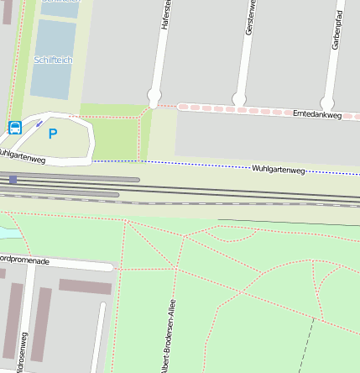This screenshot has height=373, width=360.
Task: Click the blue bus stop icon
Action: coord(15,128)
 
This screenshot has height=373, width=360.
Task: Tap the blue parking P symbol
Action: coord(53,134)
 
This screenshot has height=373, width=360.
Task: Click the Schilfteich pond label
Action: coord(53,60)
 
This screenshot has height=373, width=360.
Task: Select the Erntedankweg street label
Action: coord(316,113)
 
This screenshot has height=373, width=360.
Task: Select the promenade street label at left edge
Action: coord(25,261)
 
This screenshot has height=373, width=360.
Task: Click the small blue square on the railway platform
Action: coord(13,179)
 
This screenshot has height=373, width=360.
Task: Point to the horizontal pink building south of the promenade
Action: coord(85,287)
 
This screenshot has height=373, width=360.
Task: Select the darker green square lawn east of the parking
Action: coord(114,139)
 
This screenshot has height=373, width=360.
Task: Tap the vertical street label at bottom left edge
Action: coord(24,353)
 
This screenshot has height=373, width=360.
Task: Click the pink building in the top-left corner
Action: coord(7,12)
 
